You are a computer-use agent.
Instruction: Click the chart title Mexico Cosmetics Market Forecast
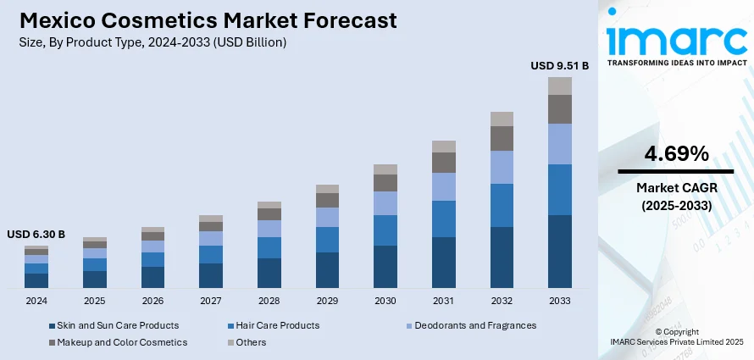(x=207, y=20)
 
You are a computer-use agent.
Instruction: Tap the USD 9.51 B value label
(x=558, y=65)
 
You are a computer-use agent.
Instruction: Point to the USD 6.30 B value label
(x=36, y=235)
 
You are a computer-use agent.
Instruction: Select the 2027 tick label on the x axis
(x=211, y=301)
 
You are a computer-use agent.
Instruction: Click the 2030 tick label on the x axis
(x=385, y=301)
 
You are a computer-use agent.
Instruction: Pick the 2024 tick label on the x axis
(x=36, y=301)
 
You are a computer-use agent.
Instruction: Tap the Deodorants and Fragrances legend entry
(x=474, y=325)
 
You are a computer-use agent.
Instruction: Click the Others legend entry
(x=251, y=342)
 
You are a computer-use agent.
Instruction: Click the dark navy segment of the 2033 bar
(x=560, y=251)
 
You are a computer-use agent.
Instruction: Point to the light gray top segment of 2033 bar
(x=560, y=86)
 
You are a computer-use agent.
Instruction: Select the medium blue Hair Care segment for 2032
(x=502, y=205)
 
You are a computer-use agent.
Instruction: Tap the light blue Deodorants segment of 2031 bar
(x=444, y=186)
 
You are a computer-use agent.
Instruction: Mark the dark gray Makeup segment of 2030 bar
(x=385, y=182)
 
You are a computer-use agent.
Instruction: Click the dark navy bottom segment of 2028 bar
(x=269, y=273)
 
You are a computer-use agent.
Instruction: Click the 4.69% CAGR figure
(x=676, y=153)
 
